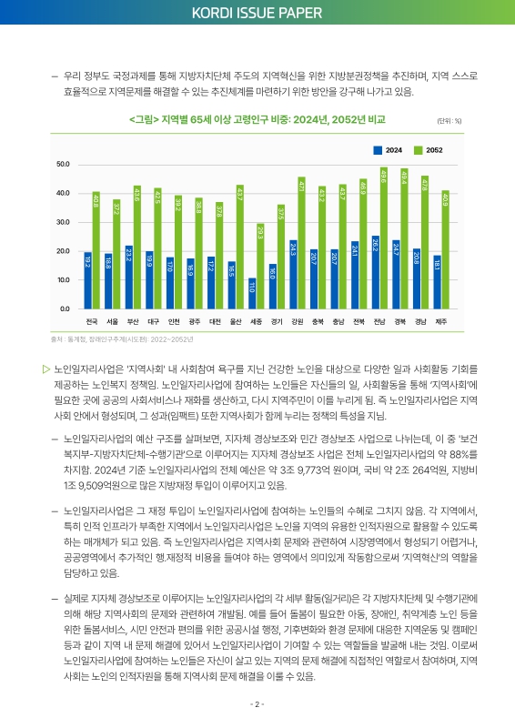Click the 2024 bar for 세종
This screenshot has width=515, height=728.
point(252,293)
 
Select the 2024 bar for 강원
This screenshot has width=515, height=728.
point(293,274)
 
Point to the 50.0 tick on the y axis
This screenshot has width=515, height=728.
point(63,164)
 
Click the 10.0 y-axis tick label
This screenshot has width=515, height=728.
point(63,280)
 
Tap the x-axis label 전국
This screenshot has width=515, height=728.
point(91,321)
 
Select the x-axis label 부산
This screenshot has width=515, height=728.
point(133,321)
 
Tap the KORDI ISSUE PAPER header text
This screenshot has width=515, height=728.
point(257,13)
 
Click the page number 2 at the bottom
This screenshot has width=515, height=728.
point(257,703)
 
